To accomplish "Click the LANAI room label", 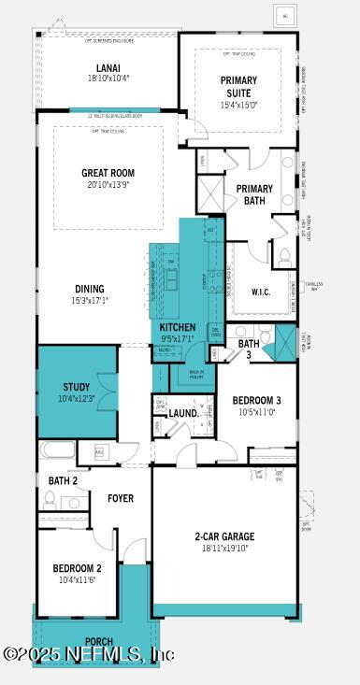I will [107, 67].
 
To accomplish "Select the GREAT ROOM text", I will [108, 173].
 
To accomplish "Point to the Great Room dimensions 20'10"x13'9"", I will [108, 185].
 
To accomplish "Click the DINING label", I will [89, 289].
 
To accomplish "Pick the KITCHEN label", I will [178, 327].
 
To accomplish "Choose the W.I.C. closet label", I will [261, 292].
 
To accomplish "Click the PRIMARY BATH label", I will [254, 194].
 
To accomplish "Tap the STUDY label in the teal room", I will [77, 387].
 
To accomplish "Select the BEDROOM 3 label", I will [256, 400].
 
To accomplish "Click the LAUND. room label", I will [182, 413].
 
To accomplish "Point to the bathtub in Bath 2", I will [57, 450].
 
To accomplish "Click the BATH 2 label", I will [63, 480].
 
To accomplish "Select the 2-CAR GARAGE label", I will [224, 536].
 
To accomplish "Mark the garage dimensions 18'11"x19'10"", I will [224, 549].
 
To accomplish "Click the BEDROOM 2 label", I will [77, 568].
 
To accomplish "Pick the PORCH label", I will [98, 642].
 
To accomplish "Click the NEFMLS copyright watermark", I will [89, 655].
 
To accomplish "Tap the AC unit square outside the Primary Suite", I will [285, 16].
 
